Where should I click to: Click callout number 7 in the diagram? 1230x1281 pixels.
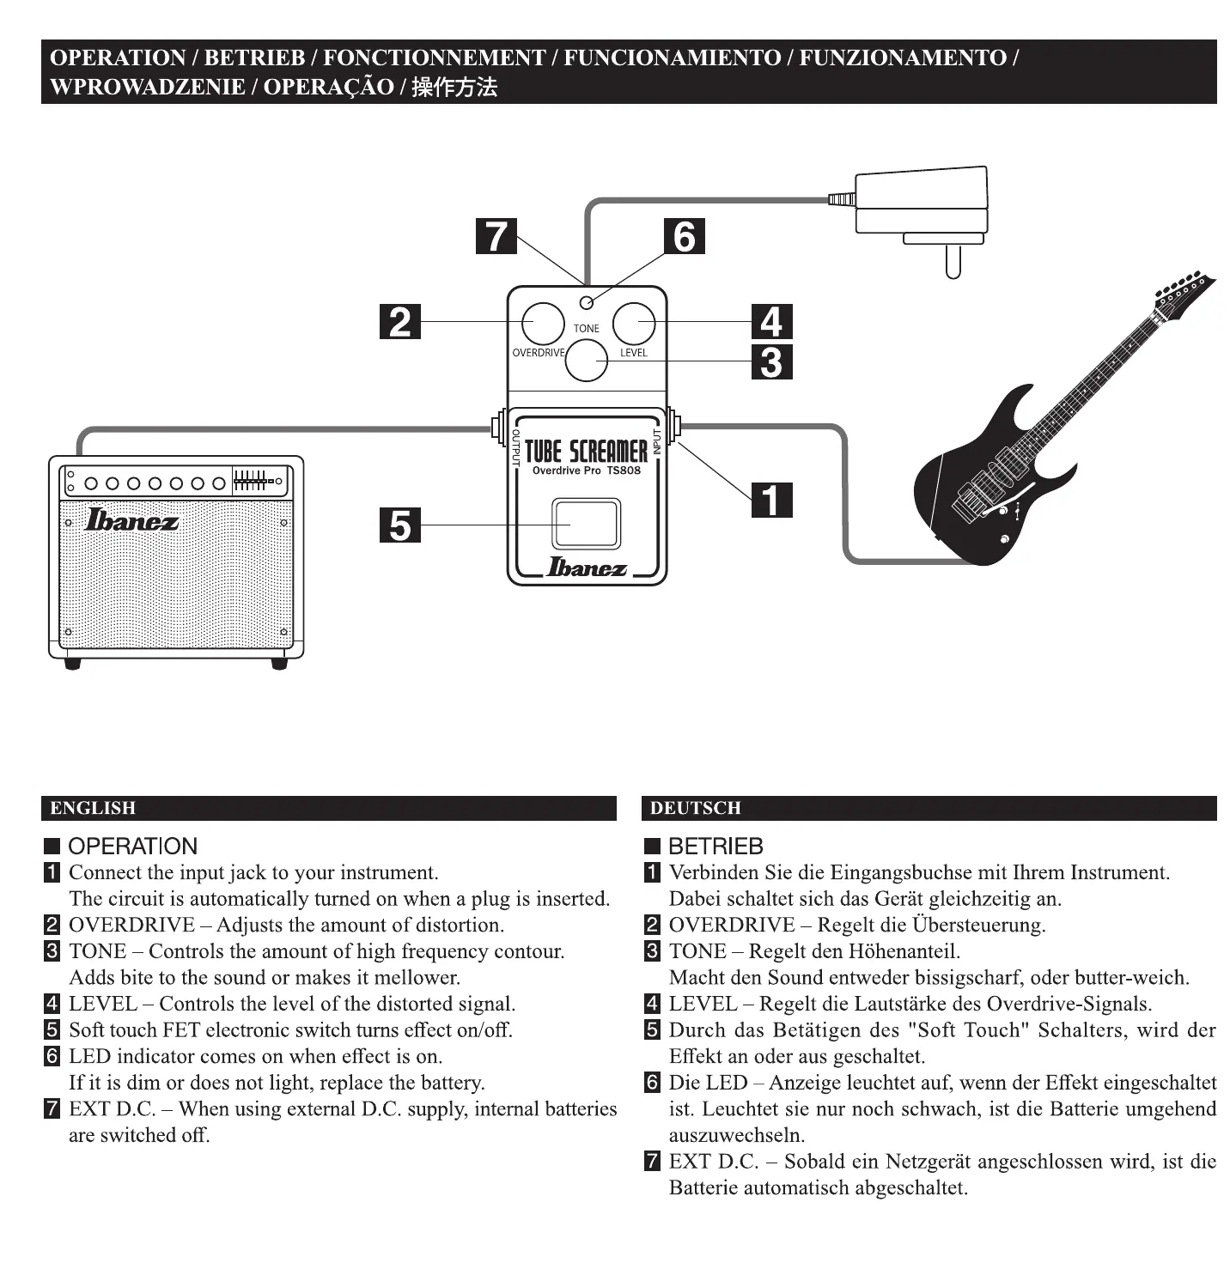(496, 236)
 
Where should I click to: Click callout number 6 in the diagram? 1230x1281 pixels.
(684, 236)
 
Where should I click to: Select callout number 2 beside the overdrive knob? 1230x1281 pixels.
(400, 322)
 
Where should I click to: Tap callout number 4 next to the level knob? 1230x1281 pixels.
(771, 322)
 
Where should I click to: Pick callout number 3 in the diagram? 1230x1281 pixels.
(771, 361)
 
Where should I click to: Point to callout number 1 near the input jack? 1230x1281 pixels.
(771, 500)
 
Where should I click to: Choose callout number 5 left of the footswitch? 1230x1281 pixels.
(400, 525)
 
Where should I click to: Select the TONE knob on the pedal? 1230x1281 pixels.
(587, 361)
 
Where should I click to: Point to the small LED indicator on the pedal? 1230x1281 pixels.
(587, 302)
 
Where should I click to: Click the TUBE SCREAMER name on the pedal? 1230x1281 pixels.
(587, 451)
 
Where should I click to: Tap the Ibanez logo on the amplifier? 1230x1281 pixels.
(131, 520)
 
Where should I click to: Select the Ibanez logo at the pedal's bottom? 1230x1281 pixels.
(588, 568)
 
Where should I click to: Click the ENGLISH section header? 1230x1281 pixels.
(94, 808)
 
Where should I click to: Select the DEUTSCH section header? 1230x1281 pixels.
(696, 808)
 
